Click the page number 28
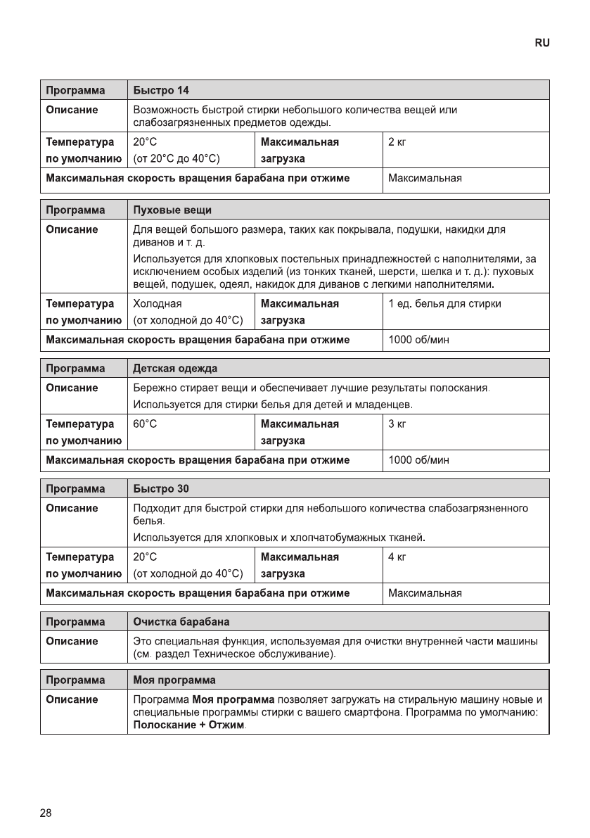[x=46, y=813]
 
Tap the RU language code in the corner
[x=541, y=43]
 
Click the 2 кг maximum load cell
[x=397, y=142]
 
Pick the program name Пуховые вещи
[x=172, y=210]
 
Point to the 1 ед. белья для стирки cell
[x=444, y=304]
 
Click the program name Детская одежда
[x=175, y=369]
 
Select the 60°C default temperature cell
[x=145, y=424]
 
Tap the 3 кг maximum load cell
[x=397, y=424]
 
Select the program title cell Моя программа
[x=174, y=680]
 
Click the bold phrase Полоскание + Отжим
[x=189, y=725]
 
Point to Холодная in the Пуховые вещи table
[x=158, y=304]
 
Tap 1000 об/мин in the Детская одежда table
[x=419, y=460]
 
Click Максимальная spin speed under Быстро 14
[x=425, y=178]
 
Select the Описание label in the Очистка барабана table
[x=72, y=641]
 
